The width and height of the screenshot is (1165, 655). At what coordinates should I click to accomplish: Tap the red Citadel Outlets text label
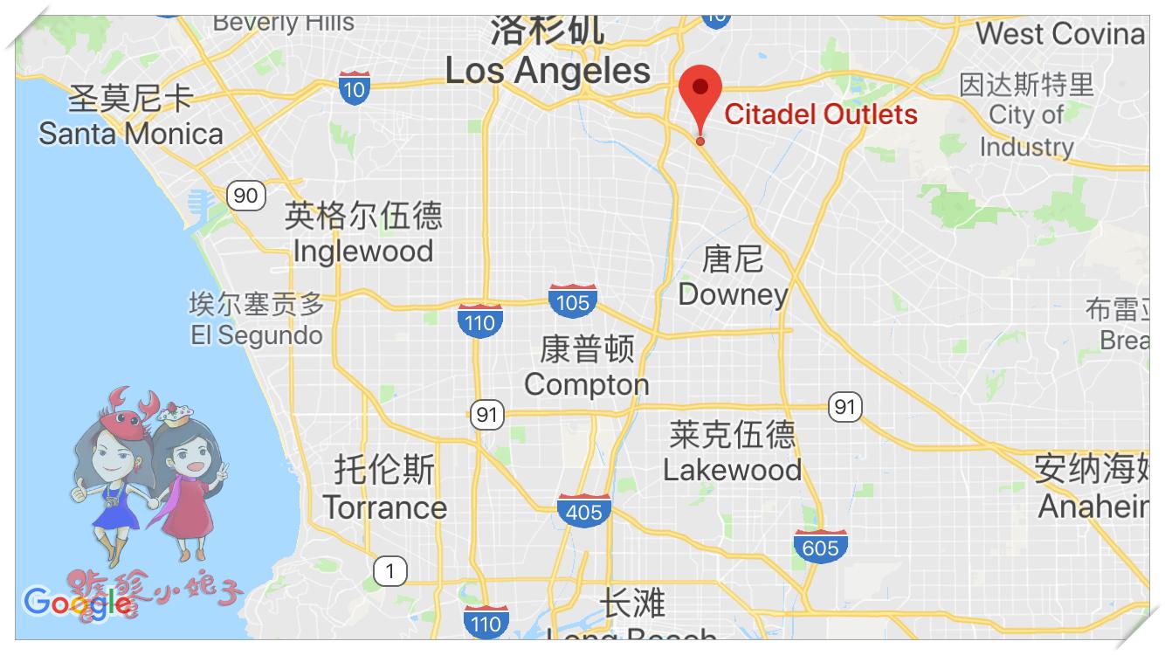pyautogui.click(x=820, y=114)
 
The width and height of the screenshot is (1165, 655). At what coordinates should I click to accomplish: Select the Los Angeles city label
pyautogui.click(x=548, y=71)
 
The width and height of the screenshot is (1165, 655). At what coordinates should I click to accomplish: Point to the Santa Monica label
pyautogui.click(x=131, y=134)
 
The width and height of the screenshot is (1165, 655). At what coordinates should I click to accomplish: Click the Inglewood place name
pyautogui.click(x=363, y=252)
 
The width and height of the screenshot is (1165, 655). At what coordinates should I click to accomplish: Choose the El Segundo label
pyautogui.click(x=257, y=335)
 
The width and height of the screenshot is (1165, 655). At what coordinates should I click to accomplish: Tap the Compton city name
pyautogui.click(x=586, y=384)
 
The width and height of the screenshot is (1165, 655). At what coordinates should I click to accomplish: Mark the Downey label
pyautogui.click(x=733, y=294)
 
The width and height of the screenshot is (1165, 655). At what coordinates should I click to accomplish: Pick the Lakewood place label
pyautogui.click(x=732, y=470)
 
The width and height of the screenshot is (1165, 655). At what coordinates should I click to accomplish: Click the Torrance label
pyautogui.click(x=384, y=507)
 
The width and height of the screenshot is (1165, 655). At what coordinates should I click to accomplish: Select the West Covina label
pyautogui.click(x=1059, y=34)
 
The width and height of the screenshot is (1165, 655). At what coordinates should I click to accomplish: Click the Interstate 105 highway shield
pyautogui.click(x=573, y=300)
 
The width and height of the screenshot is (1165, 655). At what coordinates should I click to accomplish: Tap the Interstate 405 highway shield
pyautogui.click(x=583, y=510)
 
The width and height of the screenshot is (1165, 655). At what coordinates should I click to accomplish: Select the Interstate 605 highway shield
pyautogui.click(x=820, y=546)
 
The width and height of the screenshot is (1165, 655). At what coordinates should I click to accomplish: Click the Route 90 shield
pyautogui.click(x=245, y=195)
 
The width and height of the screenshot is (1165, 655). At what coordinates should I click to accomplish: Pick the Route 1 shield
pyautogui.click(x=389, y=572)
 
